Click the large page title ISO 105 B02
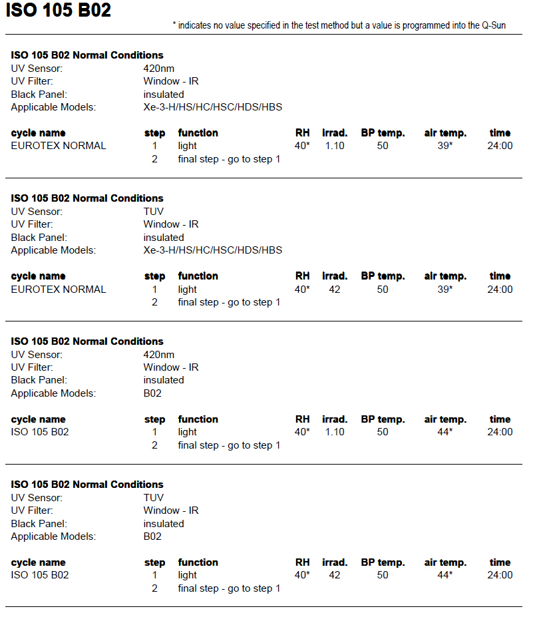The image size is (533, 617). tap(59, 11)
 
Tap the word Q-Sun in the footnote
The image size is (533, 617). tap(494, 25)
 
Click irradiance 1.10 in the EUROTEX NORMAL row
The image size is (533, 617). tap(335, 146)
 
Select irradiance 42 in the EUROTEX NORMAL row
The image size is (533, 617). tap(335, 290)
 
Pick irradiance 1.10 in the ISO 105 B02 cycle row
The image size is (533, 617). tap(335, 432)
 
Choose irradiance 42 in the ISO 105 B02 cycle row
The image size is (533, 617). tap(335, 575)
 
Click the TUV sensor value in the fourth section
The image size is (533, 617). tap(154, 498)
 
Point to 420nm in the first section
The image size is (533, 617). tap(159, 68)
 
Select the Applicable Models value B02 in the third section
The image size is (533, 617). tap(152, 393)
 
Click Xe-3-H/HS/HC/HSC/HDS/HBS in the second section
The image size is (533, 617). tap(213, 250)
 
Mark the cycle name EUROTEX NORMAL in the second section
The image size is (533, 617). tap(59, 290)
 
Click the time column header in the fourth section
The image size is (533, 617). tap(500, 562)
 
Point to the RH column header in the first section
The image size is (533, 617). tap(303, 133)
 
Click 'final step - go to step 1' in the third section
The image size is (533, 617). tap(229, 445)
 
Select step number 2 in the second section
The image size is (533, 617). tap(154, 302)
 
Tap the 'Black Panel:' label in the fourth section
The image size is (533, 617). tap(39, 524)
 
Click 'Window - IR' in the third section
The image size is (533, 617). tap(171, 367)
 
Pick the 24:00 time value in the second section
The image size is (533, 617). tap(500, 290)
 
